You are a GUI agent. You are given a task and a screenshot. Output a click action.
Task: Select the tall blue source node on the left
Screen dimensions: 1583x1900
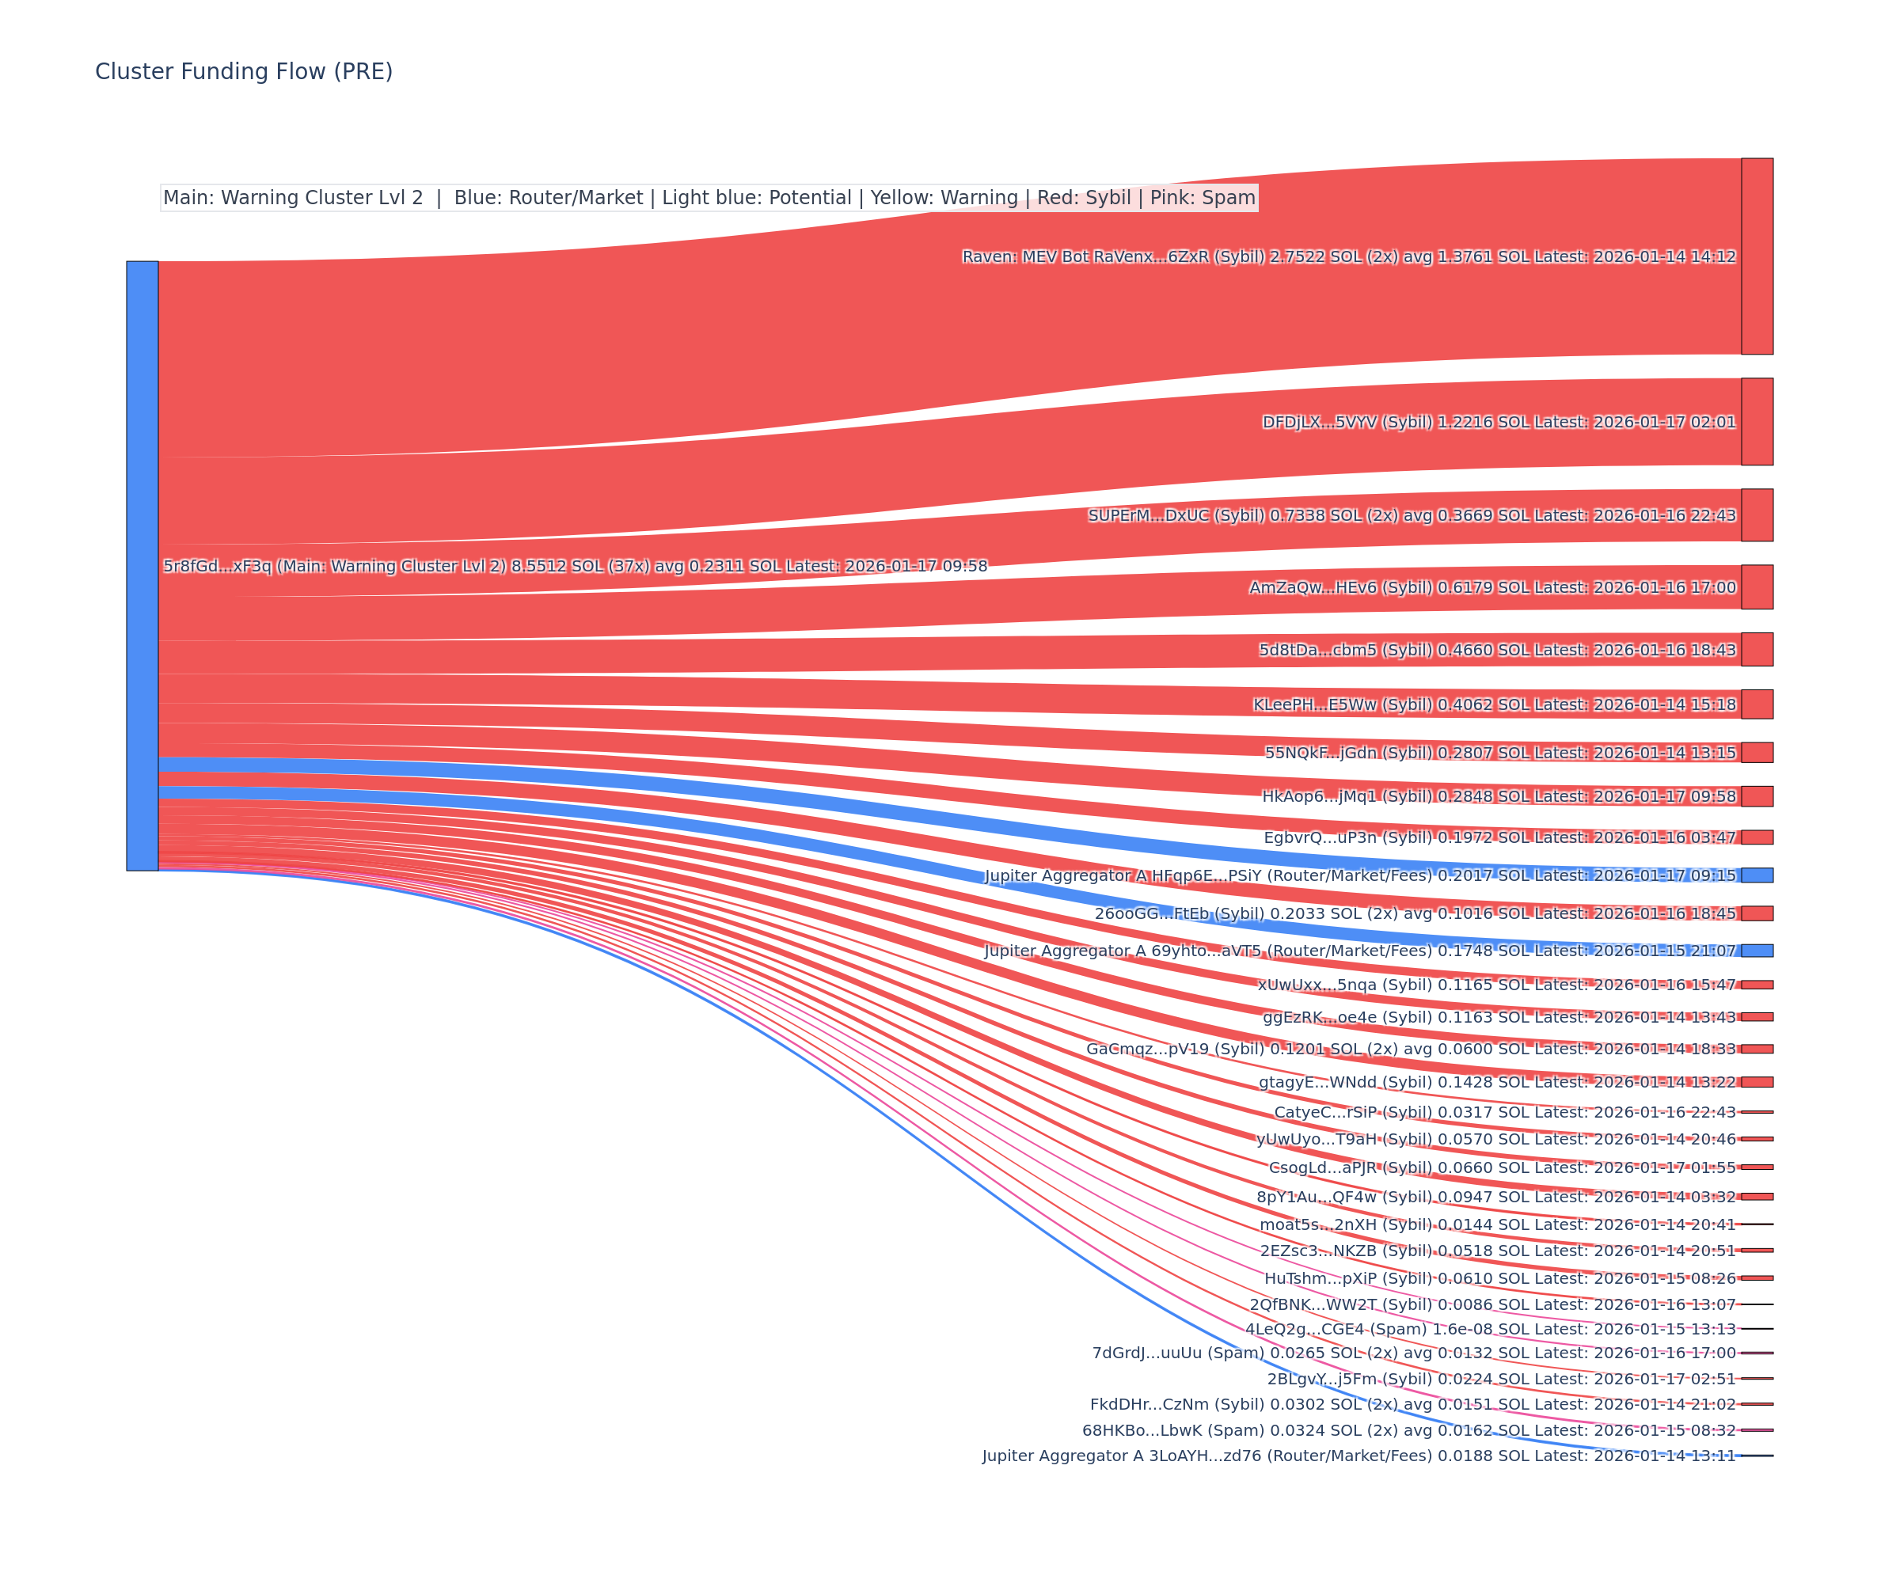(x=142, y=565)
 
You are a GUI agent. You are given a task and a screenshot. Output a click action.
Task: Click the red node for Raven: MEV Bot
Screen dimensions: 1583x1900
(x=1756, y=256)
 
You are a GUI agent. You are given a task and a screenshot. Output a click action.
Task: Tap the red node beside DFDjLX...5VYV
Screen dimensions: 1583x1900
(x=1756, y=422)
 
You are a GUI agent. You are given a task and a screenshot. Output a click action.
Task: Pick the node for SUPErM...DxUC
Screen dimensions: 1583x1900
(x=1756, y=514)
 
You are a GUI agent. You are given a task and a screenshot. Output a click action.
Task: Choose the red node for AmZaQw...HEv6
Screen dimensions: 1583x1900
(x=1756, y=587)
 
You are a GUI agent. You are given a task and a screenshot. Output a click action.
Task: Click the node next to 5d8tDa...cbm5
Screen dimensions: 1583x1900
(x=1756, y=650)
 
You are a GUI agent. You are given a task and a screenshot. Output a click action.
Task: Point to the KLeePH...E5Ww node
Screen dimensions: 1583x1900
(x=1756, y=704)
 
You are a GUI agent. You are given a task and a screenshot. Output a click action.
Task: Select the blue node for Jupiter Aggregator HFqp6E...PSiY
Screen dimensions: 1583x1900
(x=1756, y=875)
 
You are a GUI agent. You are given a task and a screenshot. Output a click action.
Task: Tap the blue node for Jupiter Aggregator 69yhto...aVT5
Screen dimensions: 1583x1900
(x=1756, y=950)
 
